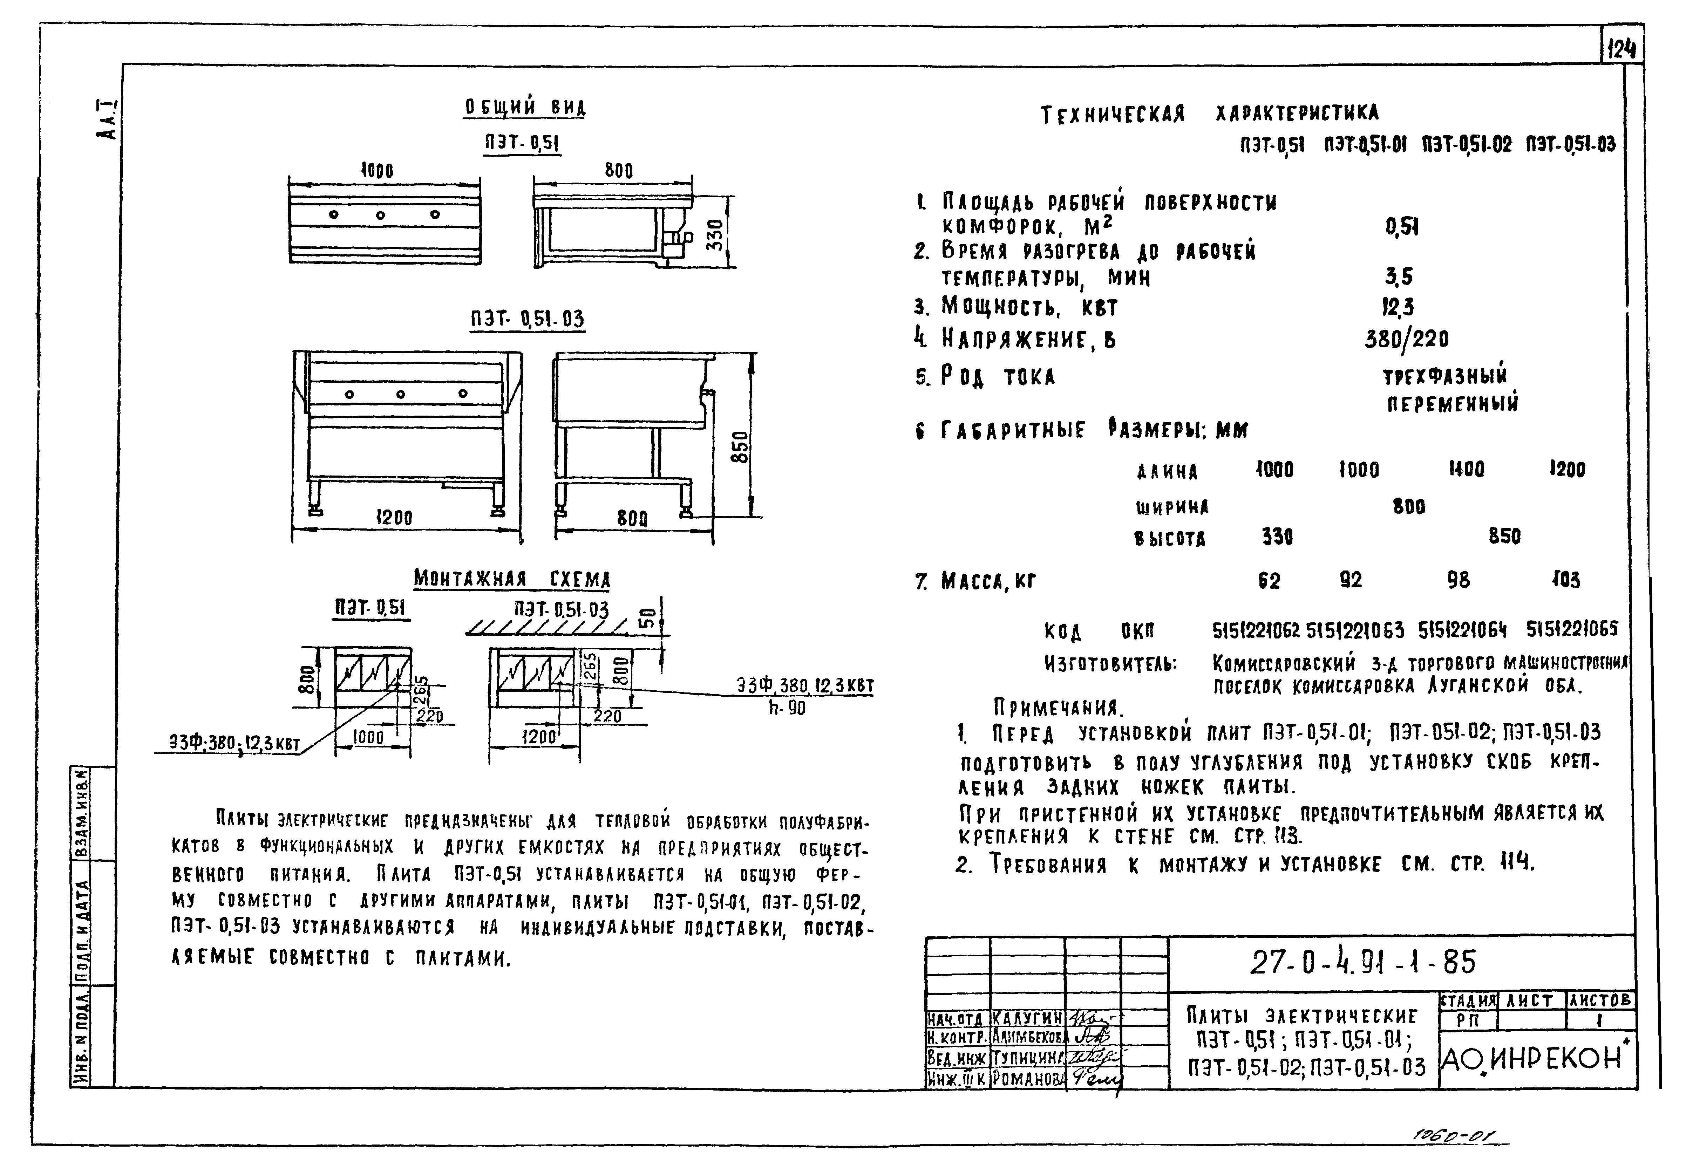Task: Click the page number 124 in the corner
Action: coord(1622,49)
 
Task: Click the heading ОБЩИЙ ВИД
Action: coord(525,108)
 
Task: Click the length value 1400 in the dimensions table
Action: coord(1466,469)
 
